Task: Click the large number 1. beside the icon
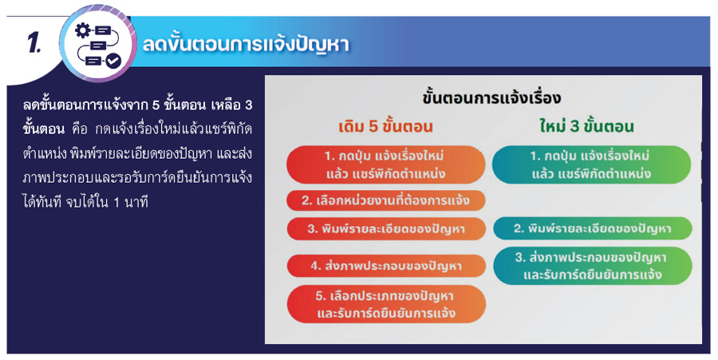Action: (x=34, y=44)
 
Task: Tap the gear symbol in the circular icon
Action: (x=83, y=30)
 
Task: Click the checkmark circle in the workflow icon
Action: (x=113, y=60)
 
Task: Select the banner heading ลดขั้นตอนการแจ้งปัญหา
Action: (x=246, y=44)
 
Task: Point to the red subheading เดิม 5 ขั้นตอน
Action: (x=385, y=127)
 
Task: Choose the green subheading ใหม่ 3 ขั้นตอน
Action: (x=586, y=127)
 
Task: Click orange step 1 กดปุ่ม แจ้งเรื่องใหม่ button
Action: (x=385, y=165)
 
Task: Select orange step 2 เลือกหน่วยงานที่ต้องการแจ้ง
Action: (x=385, y=200)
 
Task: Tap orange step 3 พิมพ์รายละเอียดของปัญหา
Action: (x=385, y=229)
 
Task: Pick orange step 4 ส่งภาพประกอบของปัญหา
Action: (x=385, y=266)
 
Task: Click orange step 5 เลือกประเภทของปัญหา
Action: (x=385, y=304)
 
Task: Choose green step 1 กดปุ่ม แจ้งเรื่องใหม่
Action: (x=591, y=165)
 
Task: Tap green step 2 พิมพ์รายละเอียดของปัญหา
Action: (x=593, y=228)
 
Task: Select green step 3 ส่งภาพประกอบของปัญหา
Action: (x=593, y=266)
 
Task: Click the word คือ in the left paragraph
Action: (x=81, y=129)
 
